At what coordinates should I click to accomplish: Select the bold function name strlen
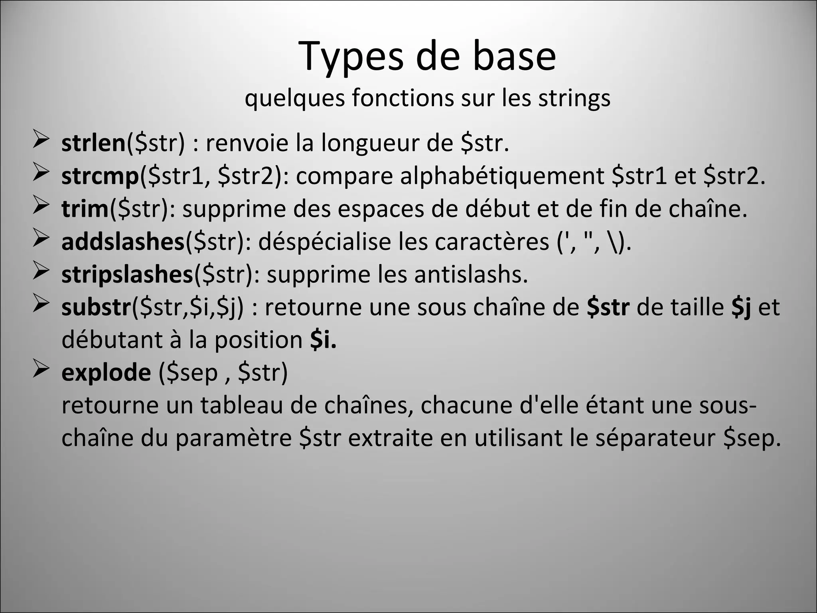93,143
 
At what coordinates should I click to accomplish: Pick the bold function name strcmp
100,176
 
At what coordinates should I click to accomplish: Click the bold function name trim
85,209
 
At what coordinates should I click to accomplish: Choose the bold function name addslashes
123,241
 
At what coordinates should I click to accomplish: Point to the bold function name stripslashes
127,274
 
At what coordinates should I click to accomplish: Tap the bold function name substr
96,307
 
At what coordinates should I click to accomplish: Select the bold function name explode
106,372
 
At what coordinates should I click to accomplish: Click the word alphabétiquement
502,176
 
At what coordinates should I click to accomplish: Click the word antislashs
471,274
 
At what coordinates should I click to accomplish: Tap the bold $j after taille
741,307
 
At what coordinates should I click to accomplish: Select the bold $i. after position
323,340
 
